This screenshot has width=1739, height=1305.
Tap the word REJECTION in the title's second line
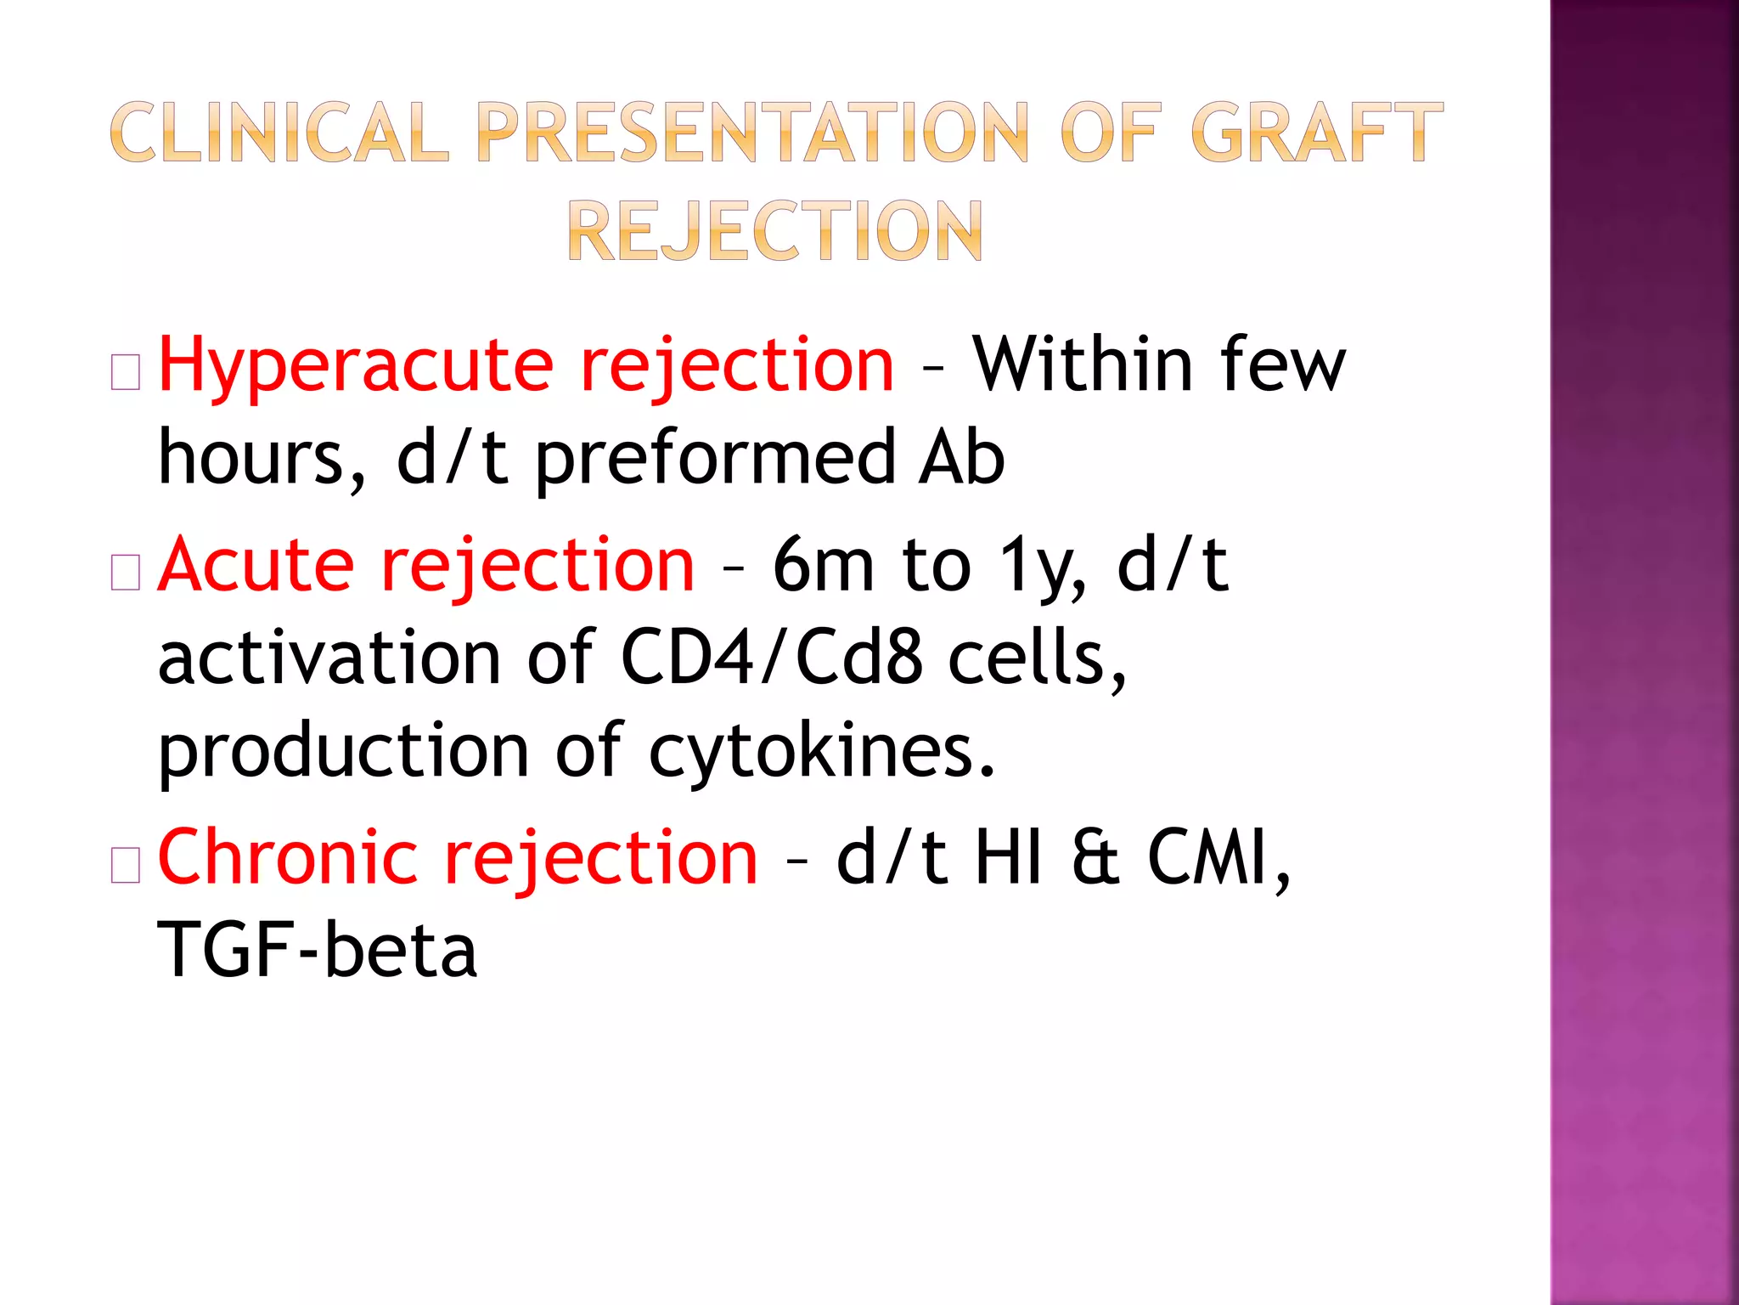774,230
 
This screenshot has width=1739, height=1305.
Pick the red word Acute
256,565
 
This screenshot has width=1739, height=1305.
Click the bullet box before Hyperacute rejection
126,373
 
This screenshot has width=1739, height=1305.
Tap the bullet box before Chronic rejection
126,866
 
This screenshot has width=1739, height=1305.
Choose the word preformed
715,459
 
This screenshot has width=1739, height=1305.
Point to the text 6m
823,565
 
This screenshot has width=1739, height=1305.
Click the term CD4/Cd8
771,658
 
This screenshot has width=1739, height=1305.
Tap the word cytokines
820,752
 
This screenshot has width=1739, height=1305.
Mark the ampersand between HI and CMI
1095,858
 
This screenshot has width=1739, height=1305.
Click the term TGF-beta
318,951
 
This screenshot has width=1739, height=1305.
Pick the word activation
329,658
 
